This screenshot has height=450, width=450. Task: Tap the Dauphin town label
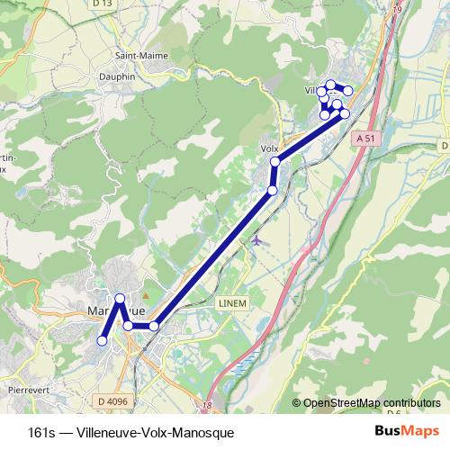point(116,76)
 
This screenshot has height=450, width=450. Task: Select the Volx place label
point(269,148)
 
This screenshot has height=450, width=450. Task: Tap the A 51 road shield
point(363,139)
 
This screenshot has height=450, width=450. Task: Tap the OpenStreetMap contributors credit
point(372,402)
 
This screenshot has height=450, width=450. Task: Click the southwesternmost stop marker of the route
point(103,341)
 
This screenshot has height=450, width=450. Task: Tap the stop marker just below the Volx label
point(275,161)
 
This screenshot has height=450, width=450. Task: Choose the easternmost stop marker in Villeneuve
point(348,93)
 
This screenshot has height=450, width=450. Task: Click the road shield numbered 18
point(209,407)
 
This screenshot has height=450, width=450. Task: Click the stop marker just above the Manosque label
point(120,298)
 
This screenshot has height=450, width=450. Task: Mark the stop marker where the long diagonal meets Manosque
point(154,326)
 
